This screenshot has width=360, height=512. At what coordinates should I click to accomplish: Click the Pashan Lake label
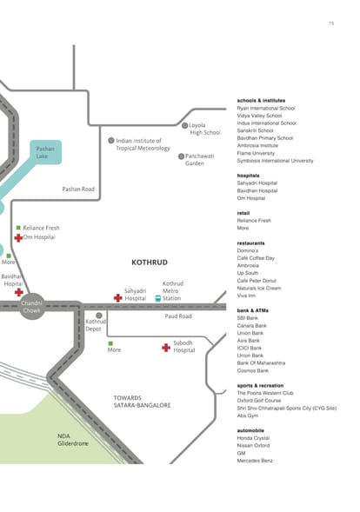coord(45,152)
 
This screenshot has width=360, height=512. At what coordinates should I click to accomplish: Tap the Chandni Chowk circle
coord(31,307)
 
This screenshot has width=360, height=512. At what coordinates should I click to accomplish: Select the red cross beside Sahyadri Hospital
coord(118,298)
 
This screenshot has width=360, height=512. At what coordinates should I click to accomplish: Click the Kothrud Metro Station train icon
coord(157,298)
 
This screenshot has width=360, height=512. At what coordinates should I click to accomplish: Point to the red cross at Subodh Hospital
coord(166,348)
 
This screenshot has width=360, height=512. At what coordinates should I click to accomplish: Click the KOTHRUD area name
coord(150,263)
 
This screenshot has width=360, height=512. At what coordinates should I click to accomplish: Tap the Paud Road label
coord(178,316)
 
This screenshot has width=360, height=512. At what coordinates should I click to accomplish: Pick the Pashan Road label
coord(78,189)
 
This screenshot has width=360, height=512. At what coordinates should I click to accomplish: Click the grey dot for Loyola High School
coord(184,125)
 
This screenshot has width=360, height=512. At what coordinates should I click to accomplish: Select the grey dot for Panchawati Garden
coord(182,156)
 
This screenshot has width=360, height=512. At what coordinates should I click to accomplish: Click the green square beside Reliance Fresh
coord(18,228)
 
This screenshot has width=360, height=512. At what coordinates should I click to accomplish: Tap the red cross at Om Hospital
coord(18,238)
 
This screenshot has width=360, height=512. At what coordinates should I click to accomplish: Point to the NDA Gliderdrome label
coord(73,440)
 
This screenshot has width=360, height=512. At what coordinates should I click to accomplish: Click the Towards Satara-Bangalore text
coord(142,402)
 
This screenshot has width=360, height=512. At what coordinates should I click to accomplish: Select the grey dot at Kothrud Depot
coord(99,316)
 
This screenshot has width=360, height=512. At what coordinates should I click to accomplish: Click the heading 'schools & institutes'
coord(262,101)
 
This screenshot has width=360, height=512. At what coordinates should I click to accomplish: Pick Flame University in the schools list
coord(256,153)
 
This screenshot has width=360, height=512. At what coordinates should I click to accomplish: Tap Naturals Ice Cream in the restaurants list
coord(259,288)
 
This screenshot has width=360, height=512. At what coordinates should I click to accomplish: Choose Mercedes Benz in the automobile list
coord(255,461)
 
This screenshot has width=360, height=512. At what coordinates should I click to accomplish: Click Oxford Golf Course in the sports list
coord(259,401)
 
